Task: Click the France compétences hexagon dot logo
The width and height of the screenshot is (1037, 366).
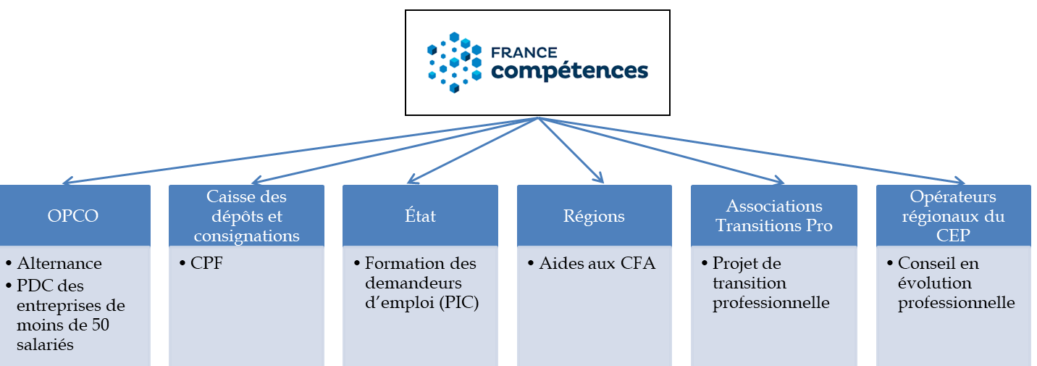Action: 454,62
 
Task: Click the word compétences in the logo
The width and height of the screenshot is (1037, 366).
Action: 569,71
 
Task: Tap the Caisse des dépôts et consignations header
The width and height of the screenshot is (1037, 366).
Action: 246,216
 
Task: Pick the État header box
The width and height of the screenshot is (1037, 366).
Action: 420,216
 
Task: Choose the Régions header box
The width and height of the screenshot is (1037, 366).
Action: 594,216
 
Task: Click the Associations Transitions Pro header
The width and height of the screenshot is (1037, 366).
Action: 773,216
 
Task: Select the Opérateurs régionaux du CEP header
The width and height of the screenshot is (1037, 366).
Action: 952,216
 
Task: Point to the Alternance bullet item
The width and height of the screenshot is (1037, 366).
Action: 59,264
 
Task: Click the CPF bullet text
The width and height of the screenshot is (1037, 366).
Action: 207,264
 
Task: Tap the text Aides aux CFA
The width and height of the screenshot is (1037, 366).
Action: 597,264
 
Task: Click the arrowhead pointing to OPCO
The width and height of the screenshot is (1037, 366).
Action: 67,182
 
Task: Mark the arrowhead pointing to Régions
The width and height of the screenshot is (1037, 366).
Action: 599,178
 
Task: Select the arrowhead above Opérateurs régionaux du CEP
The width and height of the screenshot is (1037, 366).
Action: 960,182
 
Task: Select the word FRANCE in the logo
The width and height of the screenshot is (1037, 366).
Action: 524,53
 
